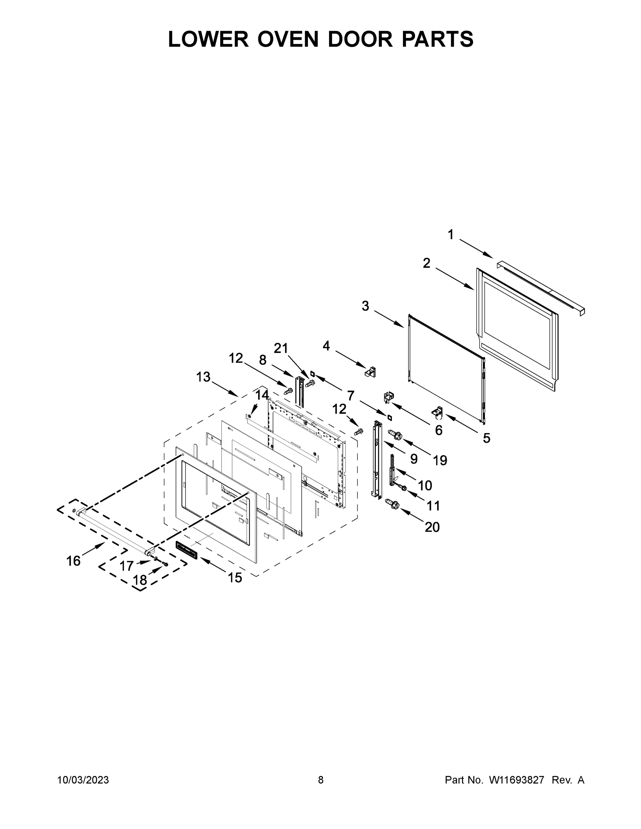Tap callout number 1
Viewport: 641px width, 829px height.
click(x=450, y=235)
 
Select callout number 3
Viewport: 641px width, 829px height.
click(x=365, y=306)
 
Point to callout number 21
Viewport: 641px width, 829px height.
click(x=281, y=348)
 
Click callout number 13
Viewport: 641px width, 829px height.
click(x=203, y=377)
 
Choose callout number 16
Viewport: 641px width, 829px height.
click(x=73, y=561)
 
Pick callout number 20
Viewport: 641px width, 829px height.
click(x=432, y=527)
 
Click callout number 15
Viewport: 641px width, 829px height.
click(x=235, y=578)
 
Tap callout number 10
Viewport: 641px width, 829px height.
click(x=425, y=485)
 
